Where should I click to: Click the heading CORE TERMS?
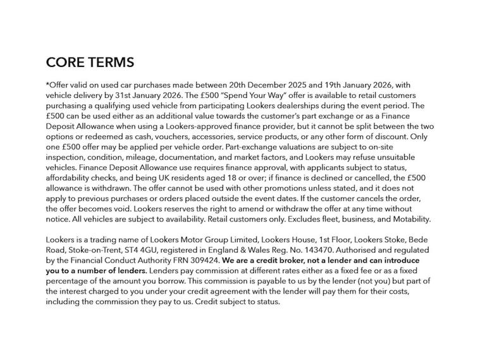(90, 63)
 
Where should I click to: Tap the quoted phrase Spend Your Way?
(259, 96)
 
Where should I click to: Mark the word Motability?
(408, 219)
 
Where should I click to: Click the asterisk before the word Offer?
(47, 84)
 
